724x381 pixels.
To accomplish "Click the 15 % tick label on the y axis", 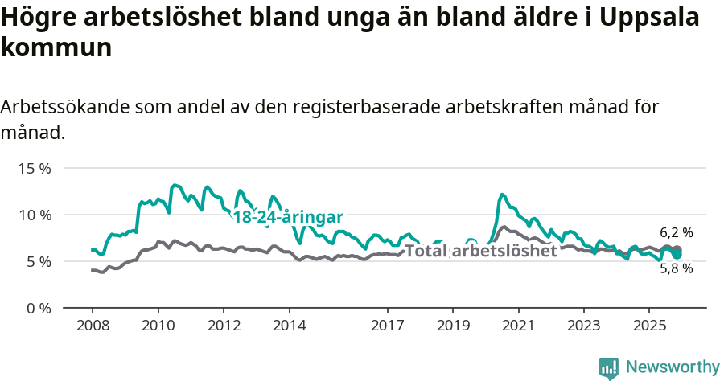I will [35, 169].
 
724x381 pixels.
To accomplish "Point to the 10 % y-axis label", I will [35, 215].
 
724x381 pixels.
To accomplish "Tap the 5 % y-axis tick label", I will [39, 262].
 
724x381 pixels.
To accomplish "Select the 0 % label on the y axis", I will [39, 309].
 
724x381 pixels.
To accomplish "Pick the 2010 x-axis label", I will [158, 326].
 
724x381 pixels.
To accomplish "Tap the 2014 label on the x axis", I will [289, 326].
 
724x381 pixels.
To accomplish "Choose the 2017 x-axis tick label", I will [387, 326].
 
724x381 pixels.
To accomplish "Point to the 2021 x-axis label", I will [518, 326].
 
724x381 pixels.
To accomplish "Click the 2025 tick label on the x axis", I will [649, 326].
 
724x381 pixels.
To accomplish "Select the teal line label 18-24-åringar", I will [288, 217].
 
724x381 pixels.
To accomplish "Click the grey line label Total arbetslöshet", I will [481, 251].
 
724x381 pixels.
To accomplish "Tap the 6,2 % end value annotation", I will [676, 233].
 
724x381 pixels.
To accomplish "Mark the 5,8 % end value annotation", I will [676, 269].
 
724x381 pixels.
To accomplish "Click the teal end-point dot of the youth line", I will [677, 254].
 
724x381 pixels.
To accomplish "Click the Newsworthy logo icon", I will [609, 367].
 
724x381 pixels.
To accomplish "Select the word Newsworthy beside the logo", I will [673, 367].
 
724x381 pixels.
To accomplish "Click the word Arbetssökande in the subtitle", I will [62, 107].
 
